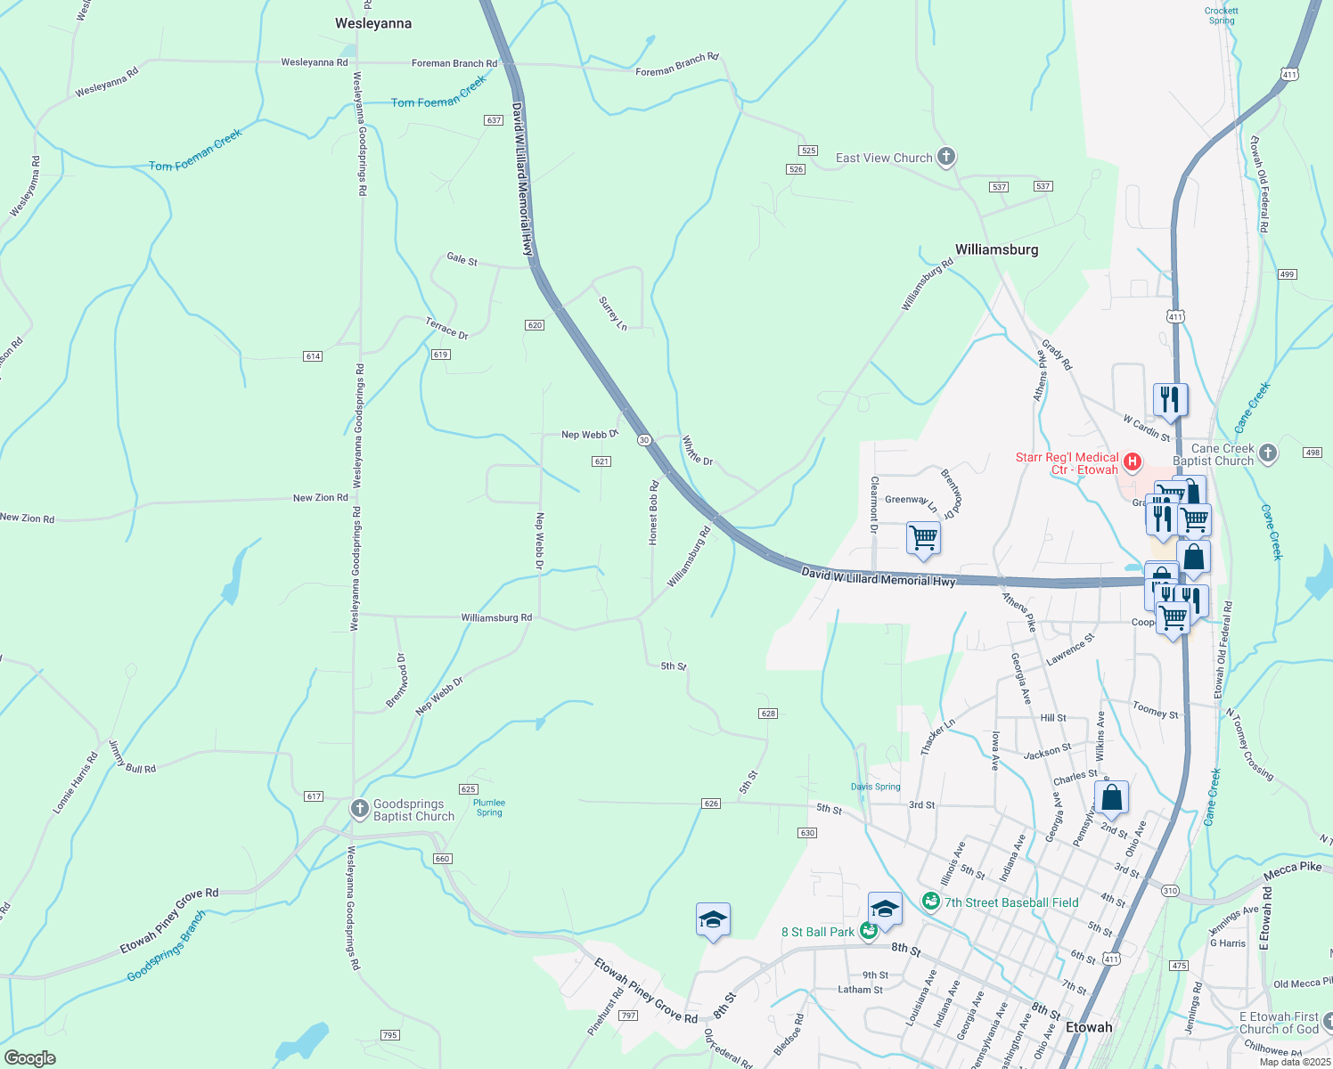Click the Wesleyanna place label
(373, 23)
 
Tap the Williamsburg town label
(996, 249)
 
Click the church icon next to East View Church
(946, 158)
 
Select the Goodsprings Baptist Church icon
(359, 809)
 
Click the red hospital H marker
(1132, 461)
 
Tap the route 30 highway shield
(644, 440)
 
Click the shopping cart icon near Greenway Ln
(923, 538)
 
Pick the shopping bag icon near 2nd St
(1111, 797)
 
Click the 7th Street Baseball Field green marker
(931, 902)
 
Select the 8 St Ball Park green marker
(869, 931)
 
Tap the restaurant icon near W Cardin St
(1170, 400)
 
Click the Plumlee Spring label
(489, 807)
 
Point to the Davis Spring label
(875, 787)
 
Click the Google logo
(30, 1058)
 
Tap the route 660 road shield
(443, 859)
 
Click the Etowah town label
(1089, 1027)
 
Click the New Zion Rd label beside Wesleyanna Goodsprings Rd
(321, 498)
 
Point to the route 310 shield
(1170, 891)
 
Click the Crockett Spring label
(1221, 16)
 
